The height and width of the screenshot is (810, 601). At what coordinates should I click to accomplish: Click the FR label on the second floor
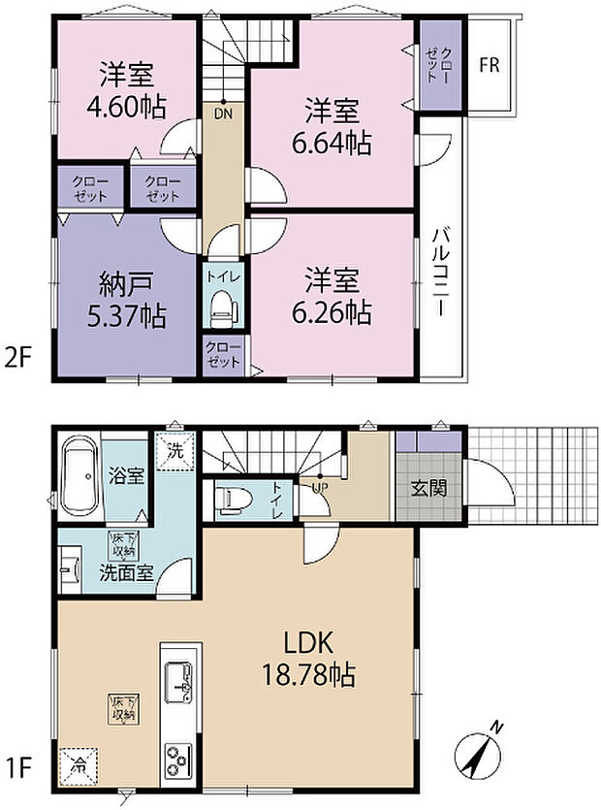[x=489, y=66]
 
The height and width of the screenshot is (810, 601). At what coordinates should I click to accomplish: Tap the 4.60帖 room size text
[x=126, y=108]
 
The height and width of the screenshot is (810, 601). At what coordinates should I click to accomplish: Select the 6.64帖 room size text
[x=332, y=144]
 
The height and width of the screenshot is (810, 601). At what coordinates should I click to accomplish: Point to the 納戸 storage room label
[x=126, y=284]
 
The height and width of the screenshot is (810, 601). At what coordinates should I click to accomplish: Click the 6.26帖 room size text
[x=332, y=312]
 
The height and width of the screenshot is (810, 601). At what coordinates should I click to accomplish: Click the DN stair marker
[x=224, y=113]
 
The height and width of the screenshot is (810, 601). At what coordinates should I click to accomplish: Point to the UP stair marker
[x=320, y=486]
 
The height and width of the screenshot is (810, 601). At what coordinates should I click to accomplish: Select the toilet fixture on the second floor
[x=224, y=308]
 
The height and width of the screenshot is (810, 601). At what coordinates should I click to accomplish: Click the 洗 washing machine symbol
[x=175, y=451]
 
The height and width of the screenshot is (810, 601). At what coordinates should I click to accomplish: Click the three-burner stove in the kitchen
[x=178, y=761]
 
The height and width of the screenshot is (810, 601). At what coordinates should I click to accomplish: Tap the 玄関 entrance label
[x=428, y=488]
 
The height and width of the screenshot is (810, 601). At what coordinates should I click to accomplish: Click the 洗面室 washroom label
[x=126, y=572]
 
